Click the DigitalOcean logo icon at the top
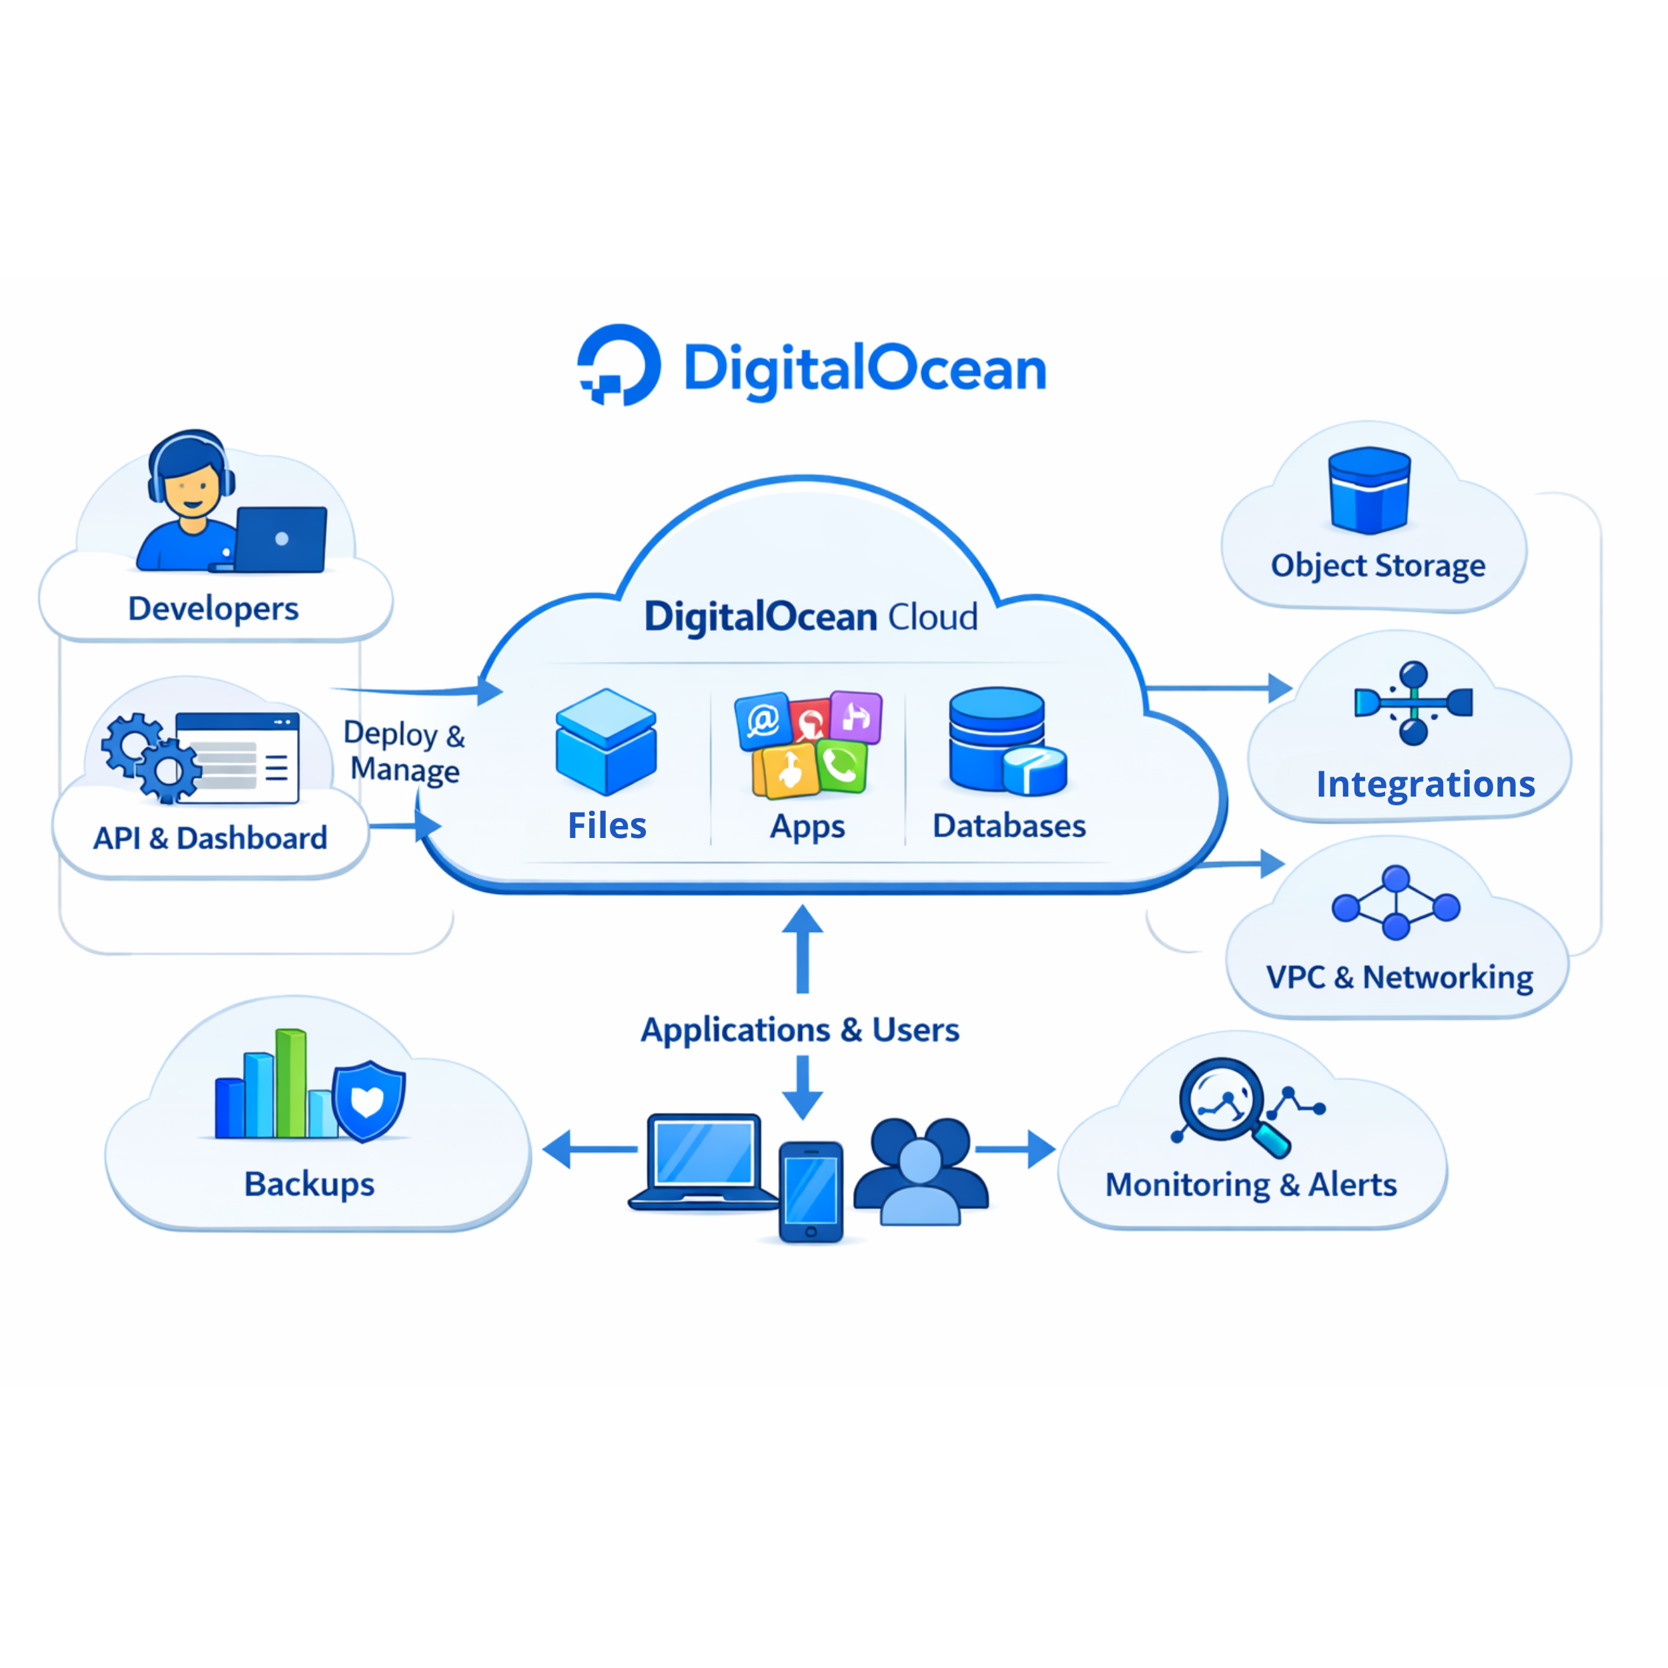pyautogui.click(x=619, y=365)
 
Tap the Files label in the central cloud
pyautogui.click(x=607, y=825)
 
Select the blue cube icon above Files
pyautogui.click(x=606, y=742)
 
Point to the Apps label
pyautogui.click(x=807, y=826)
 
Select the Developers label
pyautogui.click(x=214, y=608)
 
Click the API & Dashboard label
pyautogui.click(x=210, y=838)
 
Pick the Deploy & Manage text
pyautogui.click(x=404, y=751)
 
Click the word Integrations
pyautogui.click(x=1425, y=784)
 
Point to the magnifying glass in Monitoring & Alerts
pyautogui.click(x=1222, y=1102)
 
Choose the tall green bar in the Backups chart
pyautogui.click(x=291, y=1084)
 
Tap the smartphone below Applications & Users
pyautogui.click(x=811, y=1192)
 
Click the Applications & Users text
pyautogui.click(x=799, y=1030)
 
